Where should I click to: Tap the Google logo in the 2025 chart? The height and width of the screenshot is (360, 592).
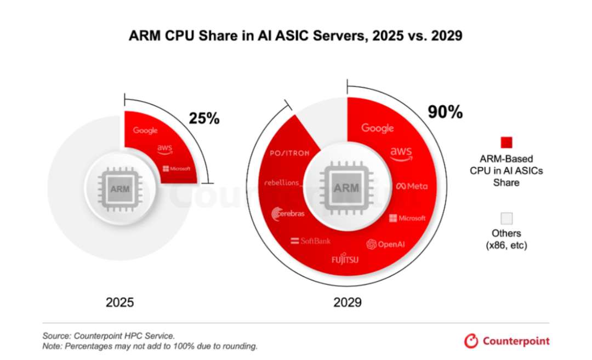pyautogui.click(x=145, y=130)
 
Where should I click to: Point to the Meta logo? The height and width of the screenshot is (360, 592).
pyautogui.click(x=411, y=186)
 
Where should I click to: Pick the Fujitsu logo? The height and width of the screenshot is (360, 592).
pyautogui.click(x=345, y=259)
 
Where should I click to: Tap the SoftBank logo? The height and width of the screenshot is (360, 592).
pyautogui.click(x=311, y=241)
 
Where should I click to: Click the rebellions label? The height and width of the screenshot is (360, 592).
pyautogui.click(x=281, y=182)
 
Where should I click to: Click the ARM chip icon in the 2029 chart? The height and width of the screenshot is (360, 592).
pyautogui.click(x=347, y=188)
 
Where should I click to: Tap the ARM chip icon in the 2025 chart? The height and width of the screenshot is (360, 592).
pyautogui.click(x=119, y=188)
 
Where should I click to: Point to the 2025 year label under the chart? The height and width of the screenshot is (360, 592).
pyautogui.click(x=119, y=302)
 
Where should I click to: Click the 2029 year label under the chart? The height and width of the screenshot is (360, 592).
pyautogui.click(x=348, y=302)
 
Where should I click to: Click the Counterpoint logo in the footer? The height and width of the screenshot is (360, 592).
pyautogui.click(x=506, y=341)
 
